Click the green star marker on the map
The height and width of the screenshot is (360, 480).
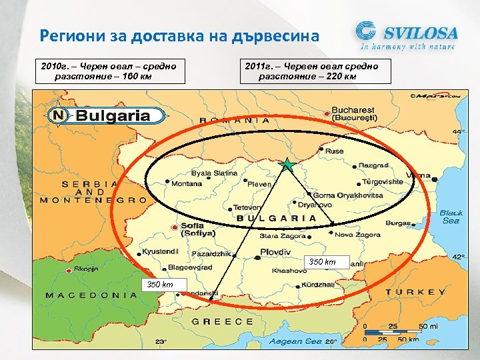coord(287,164)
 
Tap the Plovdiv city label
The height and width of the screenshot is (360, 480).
coord(275,253)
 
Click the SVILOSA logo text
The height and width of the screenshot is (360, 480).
coord(419,32)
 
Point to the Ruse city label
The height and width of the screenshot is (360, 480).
coord(334,151)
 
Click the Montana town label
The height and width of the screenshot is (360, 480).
coord(187,183)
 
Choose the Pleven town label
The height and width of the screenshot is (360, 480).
coord(259,183)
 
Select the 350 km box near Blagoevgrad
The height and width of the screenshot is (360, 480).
coord(160,285)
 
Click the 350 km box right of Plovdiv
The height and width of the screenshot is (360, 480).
coord(322,262)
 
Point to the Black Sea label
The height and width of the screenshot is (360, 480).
coord(451,217)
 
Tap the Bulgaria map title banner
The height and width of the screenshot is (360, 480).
coord(111,115)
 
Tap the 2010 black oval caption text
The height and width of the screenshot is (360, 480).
coord(107,71)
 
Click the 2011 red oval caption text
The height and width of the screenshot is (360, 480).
coord(311,71)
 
